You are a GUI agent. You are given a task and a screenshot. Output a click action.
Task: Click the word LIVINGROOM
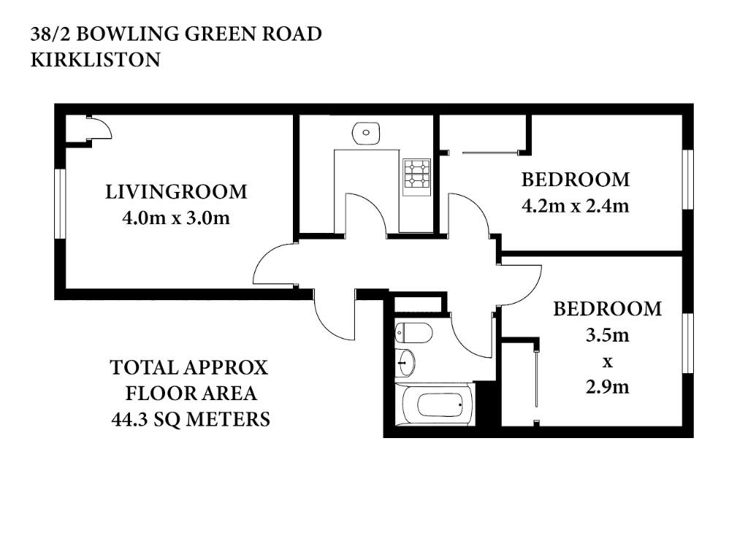(x=176, y=191)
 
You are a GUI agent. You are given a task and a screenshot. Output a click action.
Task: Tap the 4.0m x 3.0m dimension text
(x=176, y=218)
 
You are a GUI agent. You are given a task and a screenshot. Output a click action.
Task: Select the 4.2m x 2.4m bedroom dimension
(x=576, y=206)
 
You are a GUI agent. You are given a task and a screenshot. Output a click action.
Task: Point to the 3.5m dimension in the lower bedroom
(x=607, y=335)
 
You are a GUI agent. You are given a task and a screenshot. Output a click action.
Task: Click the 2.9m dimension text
(x=607, y=387)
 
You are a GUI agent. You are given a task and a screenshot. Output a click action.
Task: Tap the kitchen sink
(x=366, y=132)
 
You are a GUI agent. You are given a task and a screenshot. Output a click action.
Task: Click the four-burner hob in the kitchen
(x=417, y=177)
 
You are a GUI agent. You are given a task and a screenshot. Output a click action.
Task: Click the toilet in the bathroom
(x=413, y=332)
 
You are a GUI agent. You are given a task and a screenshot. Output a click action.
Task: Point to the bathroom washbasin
(x=405, y=362)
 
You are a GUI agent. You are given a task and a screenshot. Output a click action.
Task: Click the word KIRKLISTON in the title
(x=96, y=60)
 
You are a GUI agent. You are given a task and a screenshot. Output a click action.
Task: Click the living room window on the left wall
(x=60, y=203)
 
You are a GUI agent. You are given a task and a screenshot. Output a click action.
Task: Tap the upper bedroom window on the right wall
(x=687, y=180)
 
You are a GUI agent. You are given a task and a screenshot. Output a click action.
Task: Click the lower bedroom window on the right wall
(x=687, y=343)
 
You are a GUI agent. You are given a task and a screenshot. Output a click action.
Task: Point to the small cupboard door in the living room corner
(x=99, y=127)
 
